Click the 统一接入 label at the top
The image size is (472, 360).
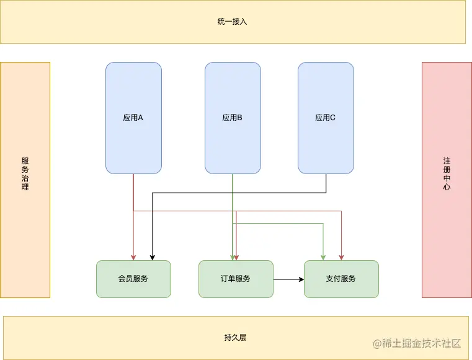coord(233,22)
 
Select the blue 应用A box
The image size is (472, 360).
coord(133,118)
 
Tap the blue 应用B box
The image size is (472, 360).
coord(233,118)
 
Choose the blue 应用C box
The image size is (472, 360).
coord(326,118)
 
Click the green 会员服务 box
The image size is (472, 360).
coord(133,279)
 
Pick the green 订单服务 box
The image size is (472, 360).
coord(236,279)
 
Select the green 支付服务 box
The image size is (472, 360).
coord(341,279)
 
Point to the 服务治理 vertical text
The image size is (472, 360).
coord(25,173)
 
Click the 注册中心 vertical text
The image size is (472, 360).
coord(447,173)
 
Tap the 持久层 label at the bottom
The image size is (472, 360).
coord(236,338)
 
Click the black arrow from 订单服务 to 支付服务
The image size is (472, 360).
coord(288,279)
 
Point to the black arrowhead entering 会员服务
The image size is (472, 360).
coord(152,257)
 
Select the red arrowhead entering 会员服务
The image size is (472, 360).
coord(133,257)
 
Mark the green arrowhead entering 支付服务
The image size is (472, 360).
coord(323,257)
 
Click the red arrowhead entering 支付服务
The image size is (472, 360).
coord(341,257)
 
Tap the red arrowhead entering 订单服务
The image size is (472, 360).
coord(236,257)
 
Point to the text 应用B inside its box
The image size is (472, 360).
coord(232,118)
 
